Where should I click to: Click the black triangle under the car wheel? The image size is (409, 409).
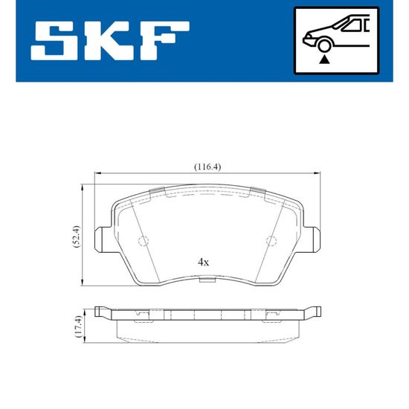click(x=324, y=59)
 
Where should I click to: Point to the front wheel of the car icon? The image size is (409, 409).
click(x=323, y=45)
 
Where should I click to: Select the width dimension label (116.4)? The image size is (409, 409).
click(x=207, y=167)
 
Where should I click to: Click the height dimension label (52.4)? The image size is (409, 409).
click(x=77, y=236)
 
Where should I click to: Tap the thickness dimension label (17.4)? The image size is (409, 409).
click(x=78, y=326)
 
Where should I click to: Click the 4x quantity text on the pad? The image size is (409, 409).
click(x=203, y=262)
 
